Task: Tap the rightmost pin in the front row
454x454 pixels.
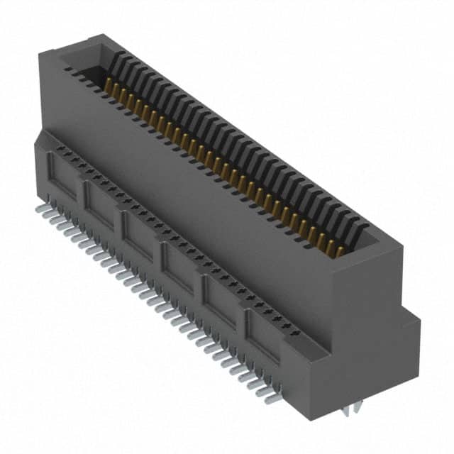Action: point(272,399)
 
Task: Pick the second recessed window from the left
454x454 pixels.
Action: point(101,202)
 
